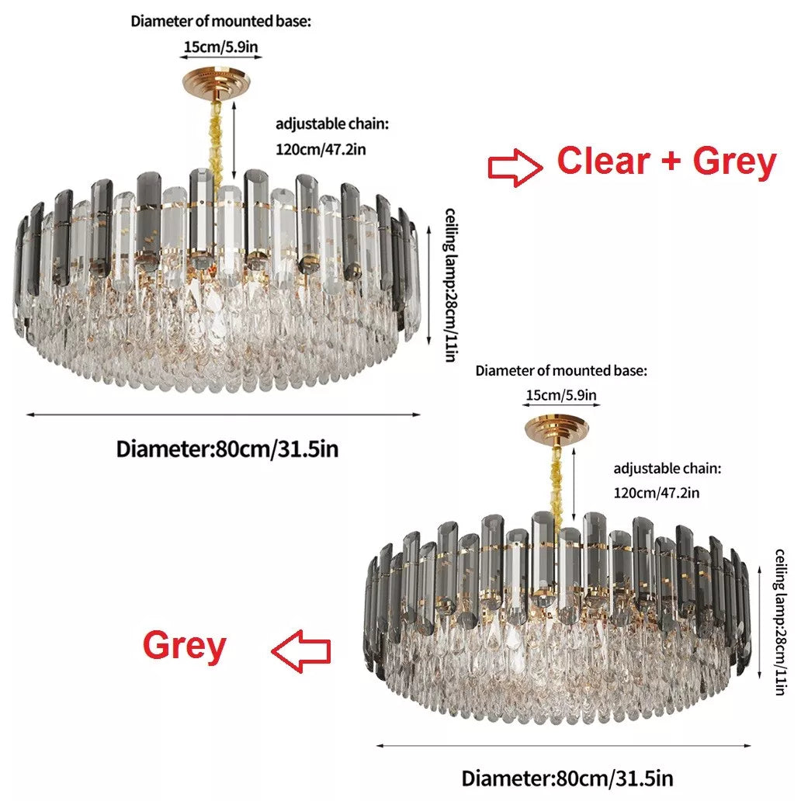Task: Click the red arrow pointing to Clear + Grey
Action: (515, 167)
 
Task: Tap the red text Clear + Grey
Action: (666, 161)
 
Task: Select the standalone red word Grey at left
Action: (184, 646)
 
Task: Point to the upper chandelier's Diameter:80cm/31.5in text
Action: (227, 449)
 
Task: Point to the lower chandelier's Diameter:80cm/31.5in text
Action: (567, 778)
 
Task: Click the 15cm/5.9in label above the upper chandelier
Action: (221, 47)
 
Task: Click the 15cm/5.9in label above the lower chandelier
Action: (561, 395)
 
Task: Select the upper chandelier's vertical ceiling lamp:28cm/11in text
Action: (452, 283)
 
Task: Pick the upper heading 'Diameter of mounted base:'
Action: (220, 21)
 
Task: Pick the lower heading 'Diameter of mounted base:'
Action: (560, 371)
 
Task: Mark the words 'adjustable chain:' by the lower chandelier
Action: (667, 469)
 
